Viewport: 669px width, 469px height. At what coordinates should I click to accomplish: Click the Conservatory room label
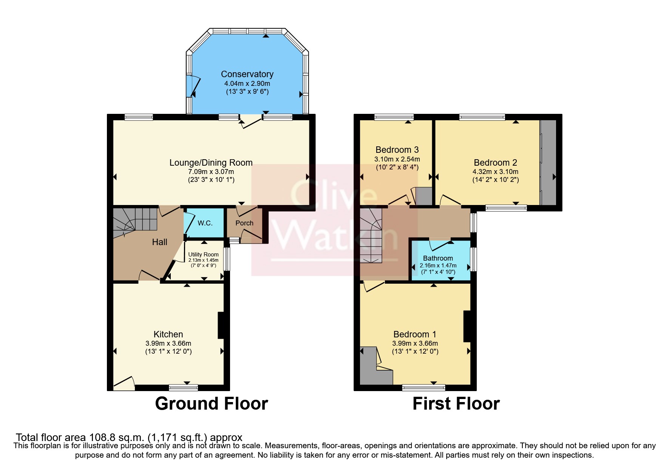tap(247, 74)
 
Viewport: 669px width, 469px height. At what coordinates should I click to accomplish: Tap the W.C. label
tap(205, 223)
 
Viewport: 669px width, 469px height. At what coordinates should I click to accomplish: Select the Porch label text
tap(244, 223)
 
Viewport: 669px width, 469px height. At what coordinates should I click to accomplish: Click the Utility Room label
tap(203, 255)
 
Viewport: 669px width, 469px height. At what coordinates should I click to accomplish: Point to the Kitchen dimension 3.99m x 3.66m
tap(168, 343)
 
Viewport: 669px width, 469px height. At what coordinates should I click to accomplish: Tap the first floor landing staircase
tap(371, 236)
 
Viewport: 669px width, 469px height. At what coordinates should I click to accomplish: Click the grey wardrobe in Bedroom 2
tap(548, 163)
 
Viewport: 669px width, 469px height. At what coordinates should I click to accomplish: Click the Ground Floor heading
tap(211, 404)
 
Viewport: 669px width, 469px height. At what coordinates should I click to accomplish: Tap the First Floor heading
tap(456, 404)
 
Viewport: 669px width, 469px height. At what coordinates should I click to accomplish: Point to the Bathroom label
tap(438, 258)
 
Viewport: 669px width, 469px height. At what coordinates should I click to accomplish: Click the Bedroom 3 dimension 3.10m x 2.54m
tap(397, 159)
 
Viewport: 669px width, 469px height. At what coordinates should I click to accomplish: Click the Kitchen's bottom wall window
tap(183, 387)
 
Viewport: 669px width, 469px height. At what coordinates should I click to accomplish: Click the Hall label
tap(159, 242)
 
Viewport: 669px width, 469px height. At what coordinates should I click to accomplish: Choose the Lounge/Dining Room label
tap(211, 163)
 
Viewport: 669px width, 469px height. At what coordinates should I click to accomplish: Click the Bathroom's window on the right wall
tap(474, 259)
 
